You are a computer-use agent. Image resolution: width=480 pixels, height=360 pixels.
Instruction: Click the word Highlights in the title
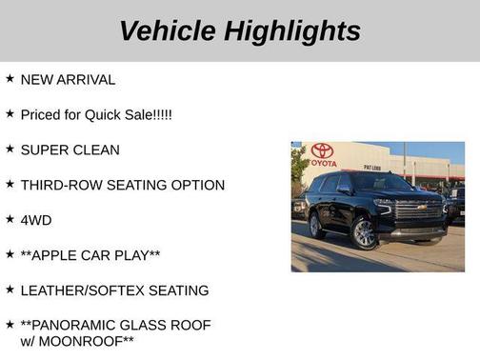coord(292,30)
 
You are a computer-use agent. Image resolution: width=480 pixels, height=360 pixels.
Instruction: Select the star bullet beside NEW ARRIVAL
coord(10,79)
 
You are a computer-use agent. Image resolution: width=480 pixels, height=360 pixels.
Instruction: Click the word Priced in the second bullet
coord(41,115)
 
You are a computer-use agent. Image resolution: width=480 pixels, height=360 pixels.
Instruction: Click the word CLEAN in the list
coord(97,150)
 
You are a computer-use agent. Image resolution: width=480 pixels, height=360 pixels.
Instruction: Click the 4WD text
coord(36,220)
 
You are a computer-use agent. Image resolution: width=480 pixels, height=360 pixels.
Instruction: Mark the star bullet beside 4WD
coord(10,219)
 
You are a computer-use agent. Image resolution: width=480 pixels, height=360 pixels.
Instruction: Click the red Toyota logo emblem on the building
coord(322,150)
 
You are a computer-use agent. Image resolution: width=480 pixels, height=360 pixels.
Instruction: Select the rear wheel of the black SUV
coord(316,226)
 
